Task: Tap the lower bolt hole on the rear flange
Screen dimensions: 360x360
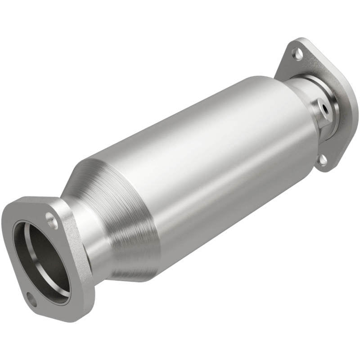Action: tap(322, 158)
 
